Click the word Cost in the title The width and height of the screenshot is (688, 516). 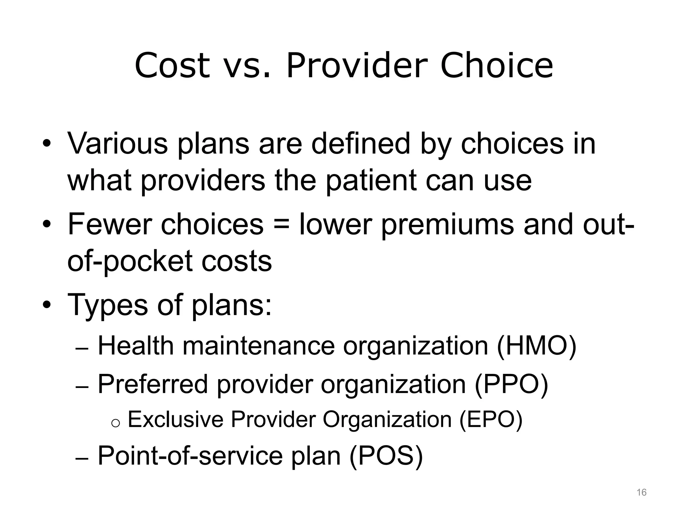(172, 66)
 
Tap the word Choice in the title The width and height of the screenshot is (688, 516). (497, 66)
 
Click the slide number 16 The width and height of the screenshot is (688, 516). (641, 492)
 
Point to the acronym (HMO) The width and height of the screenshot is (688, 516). (536, 346)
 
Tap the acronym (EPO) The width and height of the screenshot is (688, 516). (491, 420)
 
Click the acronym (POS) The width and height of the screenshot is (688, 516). (386, 456)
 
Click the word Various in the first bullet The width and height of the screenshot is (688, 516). (118, 144)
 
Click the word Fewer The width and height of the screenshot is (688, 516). (110, 224)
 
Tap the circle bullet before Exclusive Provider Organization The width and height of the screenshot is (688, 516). (115, 424)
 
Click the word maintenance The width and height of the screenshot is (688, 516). (259, 346)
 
